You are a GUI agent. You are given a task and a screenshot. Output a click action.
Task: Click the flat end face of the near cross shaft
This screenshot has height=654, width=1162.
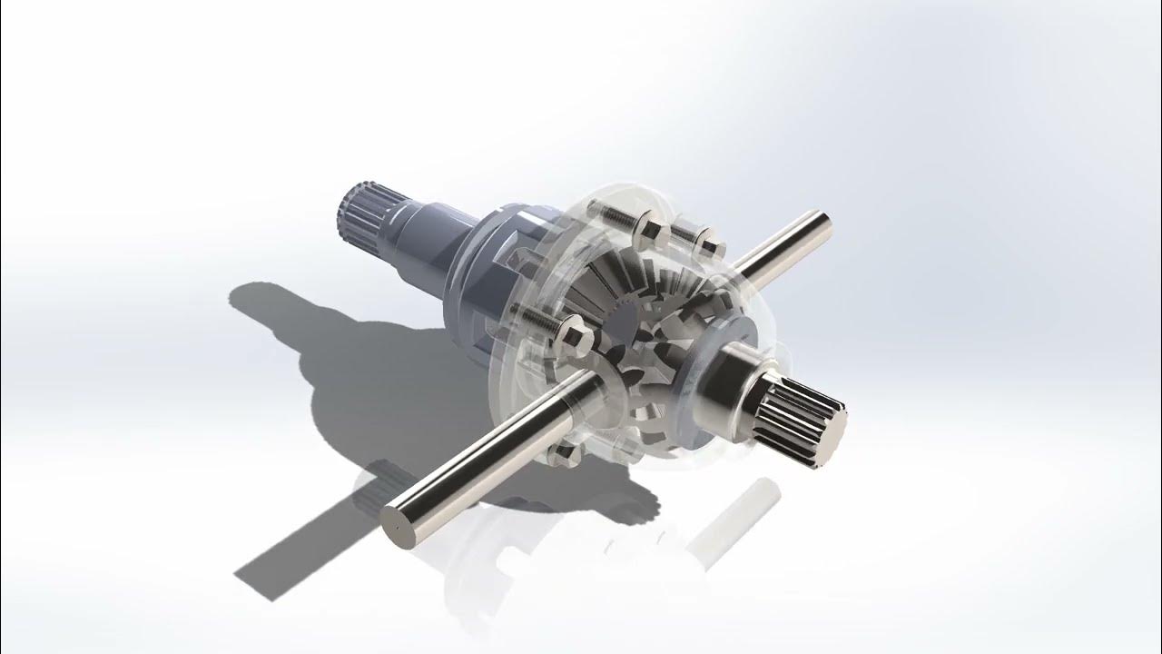click(400, 528)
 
